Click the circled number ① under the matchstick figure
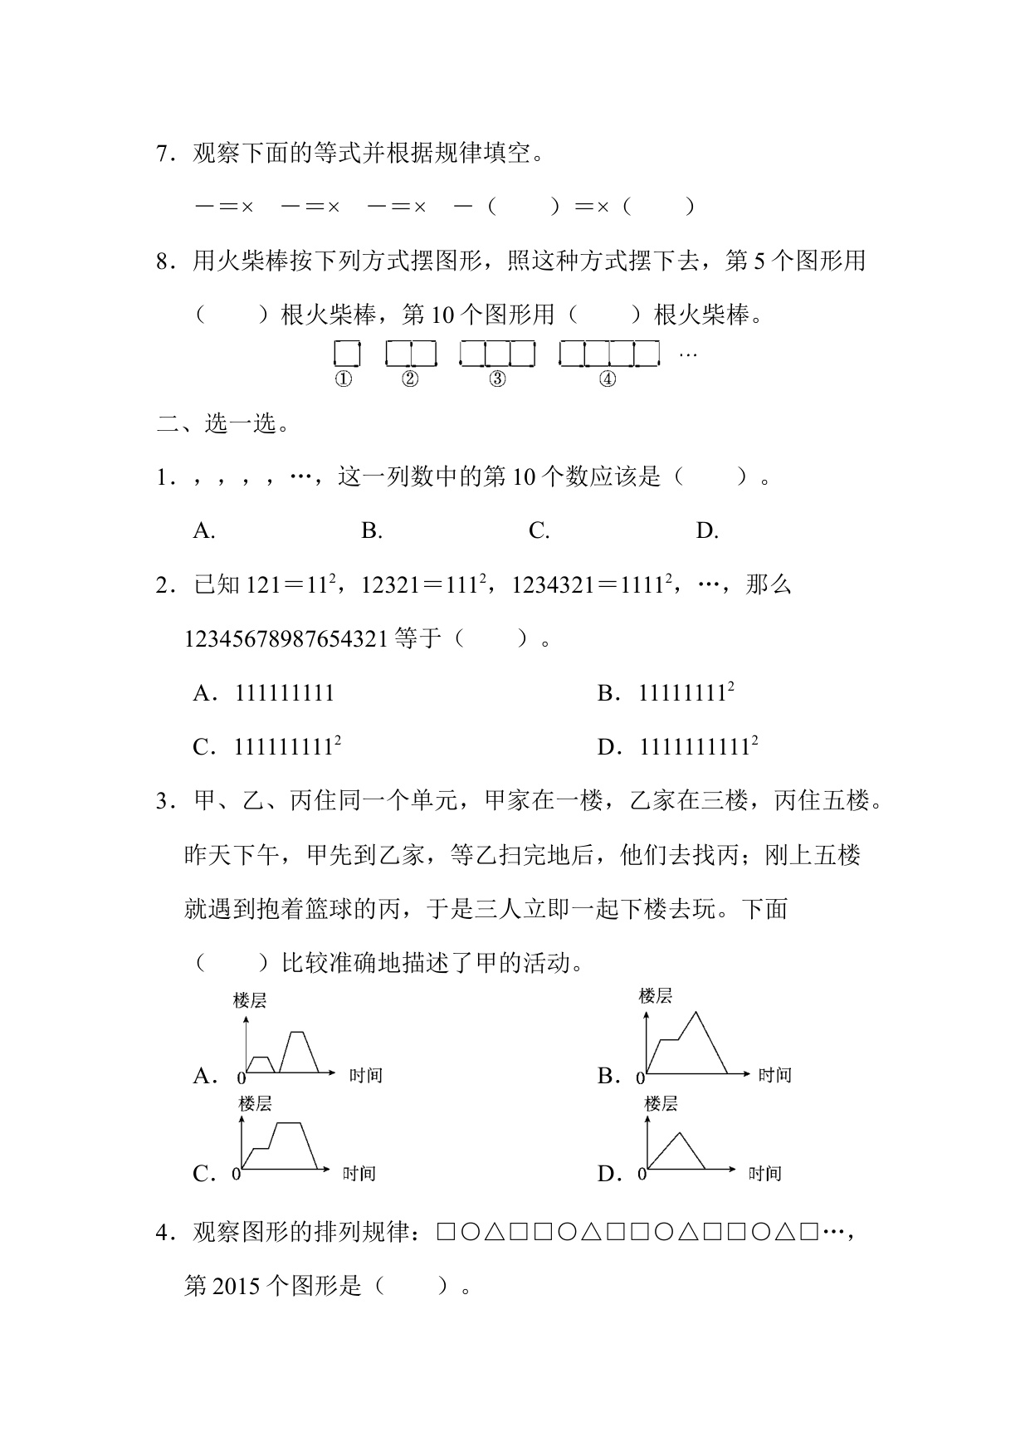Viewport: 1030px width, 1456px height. click(343, 379)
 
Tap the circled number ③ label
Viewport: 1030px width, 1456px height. click(497, 379)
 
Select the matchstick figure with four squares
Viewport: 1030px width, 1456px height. click(609, 354)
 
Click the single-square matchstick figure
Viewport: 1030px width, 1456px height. click(347, 354)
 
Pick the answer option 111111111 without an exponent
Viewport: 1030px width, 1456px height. click(285, 693)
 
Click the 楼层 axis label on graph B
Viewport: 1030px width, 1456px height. click(655, 995)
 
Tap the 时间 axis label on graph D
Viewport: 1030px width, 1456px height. click(764, 1173)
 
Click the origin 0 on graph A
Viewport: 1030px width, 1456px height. click(242, 1078)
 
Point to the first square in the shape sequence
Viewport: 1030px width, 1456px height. click(445, 1233)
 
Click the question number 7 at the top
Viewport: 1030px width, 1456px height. click(163, 154)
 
